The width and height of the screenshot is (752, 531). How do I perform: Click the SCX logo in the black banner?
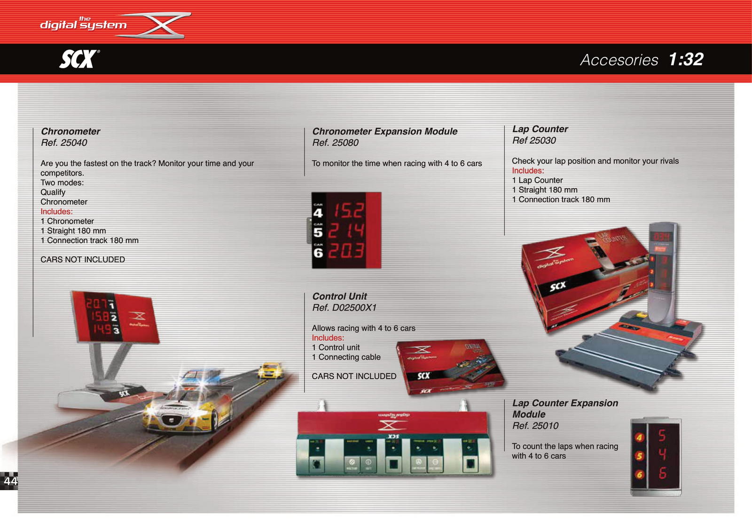click(x=79, y=59)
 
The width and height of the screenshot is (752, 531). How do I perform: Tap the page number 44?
click(x=10, y=481)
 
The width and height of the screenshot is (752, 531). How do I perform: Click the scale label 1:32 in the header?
click(x=686, y=59)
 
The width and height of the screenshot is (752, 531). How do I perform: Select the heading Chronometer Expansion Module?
click(x=384, y=131)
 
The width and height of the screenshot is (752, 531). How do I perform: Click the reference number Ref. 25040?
click(x=64, y=143)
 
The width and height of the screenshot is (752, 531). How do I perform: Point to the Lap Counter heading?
click(x=540, y=129)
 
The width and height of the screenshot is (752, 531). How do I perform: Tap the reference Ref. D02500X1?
click(x=345, y=308)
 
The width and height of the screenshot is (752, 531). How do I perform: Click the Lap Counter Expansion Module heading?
click(x=564, y=408)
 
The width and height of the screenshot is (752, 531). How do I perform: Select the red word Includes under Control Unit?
click(x=328, y=338)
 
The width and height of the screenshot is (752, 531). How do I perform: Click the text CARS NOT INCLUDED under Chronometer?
click(x=83, y=259)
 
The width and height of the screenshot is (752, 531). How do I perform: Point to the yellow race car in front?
click(x=188, y=408)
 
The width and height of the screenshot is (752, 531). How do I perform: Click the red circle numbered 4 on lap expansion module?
click(x=639, y=438)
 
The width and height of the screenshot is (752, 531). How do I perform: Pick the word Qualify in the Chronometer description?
click(x=53, y=192)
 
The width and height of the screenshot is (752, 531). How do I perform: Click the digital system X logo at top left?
click(x=115, y=24)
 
